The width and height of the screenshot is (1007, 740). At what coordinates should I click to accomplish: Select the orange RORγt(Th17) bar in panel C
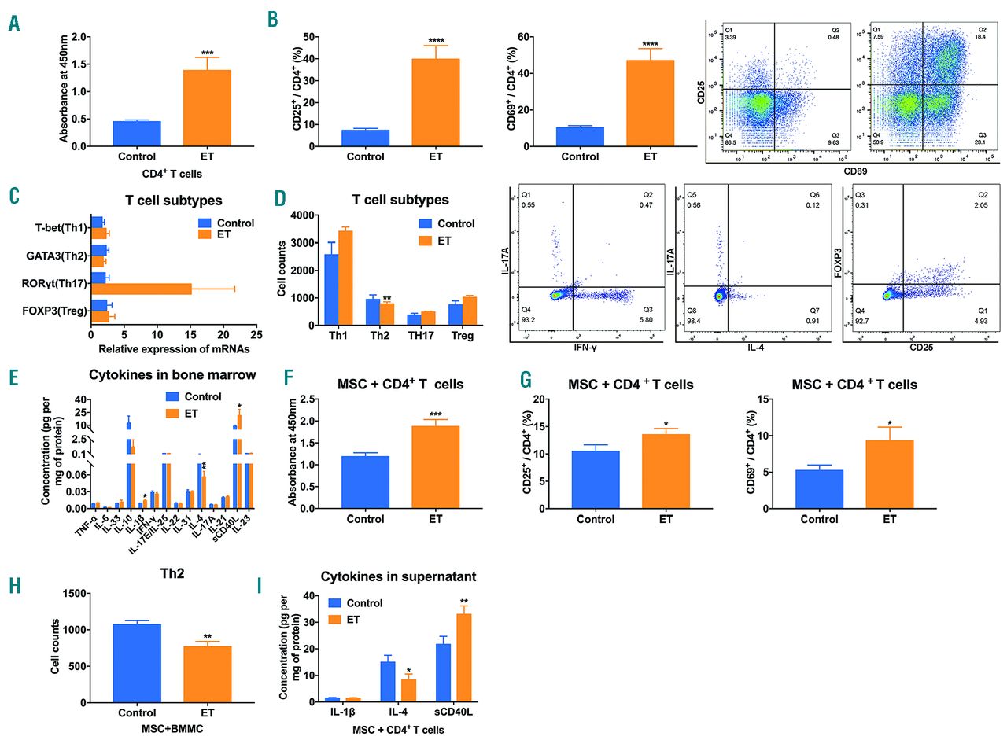(x=142, y=289)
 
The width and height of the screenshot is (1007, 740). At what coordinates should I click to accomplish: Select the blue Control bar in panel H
(x=137, y=666)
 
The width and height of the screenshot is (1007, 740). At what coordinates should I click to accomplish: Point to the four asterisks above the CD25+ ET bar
(x=436, y=41)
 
